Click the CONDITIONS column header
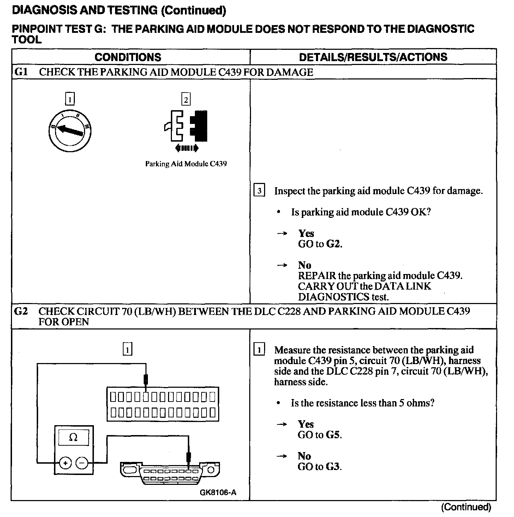pos(128,57)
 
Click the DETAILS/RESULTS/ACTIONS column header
pos(373,57)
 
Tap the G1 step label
pos(21,72)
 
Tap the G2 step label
pos(21,311)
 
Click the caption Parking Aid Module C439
pos(186,164)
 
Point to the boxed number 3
pos(259,191)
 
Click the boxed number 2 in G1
pos(186,100)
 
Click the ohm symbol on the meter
pos(73,438)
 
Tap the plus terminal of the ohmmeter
pos(65,462)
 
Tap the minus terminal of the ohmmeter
pos(82,462)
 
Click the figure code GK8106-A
pos(218,493)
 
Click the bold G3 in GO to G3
pos(333,467)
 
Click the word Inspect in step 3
pos(289,191)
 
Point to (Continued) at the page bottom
pos(466,507)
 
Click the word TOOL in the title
pos(27,40)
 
